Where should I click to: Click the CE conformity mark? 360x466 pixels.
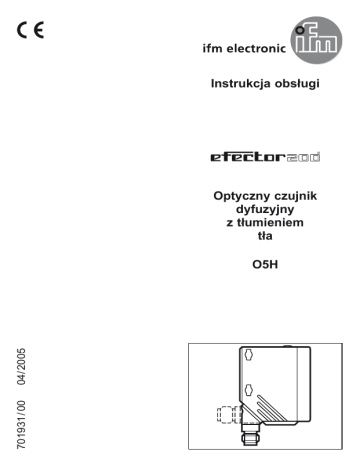point(30,30)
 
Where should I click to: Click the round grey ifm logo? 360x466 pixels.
point(316,40)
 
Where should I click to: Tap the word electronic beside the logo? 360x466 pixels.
point(256,49)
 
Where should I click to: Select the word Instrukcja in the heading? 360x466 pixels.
point(241,83)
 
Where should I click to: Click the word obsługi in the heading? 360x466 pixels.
point(297,83)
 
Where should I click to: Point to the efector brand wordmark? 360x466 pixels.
point(265,157)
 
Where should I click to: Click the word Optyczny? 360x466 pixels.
point(238,196)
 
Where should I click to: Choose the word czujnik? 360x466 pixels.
point(291,195)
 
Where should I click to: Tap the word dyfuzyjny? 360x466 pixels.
point(265,209)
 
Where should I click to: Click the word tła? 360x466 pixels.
point(265,236)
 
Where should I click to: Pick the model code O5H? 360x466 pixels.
point(265,265)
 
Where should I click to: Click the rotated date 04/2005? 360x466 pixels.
point(21,366)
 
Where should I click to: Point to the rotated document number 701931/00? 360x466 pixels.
point(21,425)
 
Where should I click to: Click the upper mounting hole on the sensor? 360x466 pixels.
point(248,355)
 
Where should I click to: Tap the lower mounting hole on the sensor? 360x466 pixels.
point(248,390)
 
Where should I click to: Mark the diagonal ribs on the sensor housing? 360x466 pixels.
point(271,407)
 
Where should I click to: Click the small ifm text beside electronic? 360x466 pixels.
point(212,48)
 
